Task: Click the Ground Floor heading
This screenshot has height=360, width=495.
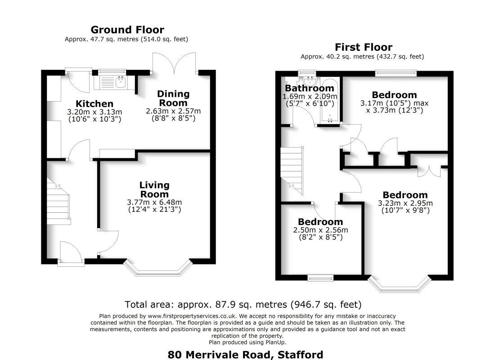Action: (127, 30)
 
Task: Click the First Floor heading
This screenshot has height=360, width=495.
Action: (363, 47)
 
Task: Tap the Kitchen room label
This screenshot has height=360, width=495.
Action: (94, 103)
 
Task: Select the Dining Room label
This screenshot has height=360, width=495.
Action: (173, 98)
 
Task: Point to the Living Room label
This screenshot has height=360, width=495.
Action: (154, 189)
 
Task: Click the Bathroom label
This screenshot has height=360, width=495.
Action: (310, 88)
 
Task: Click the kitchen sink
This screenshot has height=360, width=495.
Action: (121, 82)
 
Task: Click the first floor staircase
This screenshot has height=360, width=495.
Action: (292, 171)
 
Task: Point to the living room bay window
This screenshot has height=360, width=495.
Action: (158, 268)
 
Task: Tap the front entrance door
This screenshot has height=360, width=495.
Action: (71, 252)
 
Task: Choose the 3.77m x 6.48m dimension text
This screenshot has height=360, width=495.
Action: (154, 202)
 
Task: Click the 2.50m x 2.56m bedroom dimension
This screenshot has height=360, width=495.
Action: (320, 230)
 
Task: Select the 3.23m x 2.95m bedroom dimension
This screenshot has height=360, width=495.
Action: (405, 203)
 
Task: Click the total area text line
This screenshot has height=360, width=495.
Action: (243, 304)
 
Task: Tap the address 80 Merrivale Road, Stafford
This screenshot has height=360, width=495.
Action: (245, 355)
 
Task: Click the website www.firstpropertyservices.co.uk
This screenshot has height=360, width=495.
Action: (192, 316)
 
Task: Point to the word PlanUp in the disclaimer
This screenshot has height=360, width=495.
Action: (275, 342)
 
